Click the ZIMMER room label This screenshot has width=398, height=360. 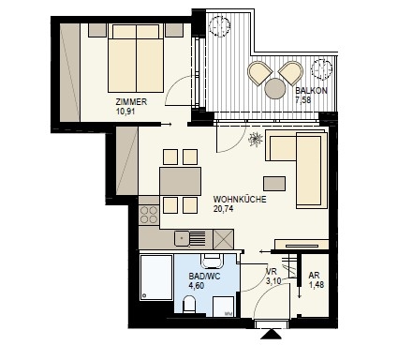click(x=131, y=102)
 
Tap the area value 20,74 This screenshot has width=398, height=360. click(x=223, y=209)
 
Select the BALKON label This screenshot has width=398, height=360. click(x=311, y=91)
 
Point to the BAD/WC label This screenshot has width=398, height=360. click(x=204, y=277)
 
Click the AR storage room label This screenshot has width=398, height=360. click(x=314, y=276)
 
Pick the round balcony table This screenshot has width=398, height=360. click(x=275, y=88)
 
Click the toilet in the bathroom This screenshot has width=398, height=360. click(x=189, y=305)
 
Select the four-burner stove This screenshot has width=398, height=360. click(x=149, y=215)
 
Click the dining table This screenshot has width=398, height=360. click(x=180, y=181)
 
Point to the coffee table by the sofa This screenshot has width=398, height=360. click(x=274, y=184)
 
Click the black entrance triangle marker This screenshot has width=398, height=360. click(x=271, y=334)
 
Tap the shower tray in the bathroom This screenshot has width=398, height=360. click(x=156, y=277)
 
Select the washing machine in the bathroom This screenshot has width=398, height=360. click(x=223, y=307)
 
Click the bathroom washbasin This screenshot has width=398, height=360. click(x=213, y=262)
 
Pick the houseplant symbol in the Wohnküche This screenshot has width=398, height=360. click(x=256, y=139)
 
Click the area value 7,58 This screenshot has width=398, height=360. click(x=304, y=99)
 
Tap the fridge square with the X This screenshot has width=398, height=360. click(x=223, y=239)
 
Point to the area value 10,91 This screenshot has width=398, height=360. click(x=125, y=111)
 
